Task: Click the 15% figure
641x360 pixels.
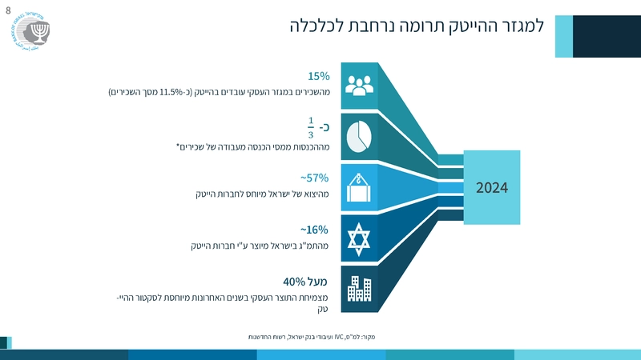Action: pos(319,76)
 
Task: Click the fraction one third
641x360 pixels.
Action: pos(311,126)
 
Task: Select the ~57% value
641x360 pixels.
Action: pos(315,178)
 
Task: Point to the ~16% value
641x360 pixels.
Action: pos(315,230)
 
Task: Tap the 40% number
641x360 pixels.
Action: pos(294,282)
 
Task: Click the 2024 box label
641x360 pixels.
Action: pos(492,188)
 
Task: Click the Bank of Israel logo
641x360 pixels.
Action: pos(32,32)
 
